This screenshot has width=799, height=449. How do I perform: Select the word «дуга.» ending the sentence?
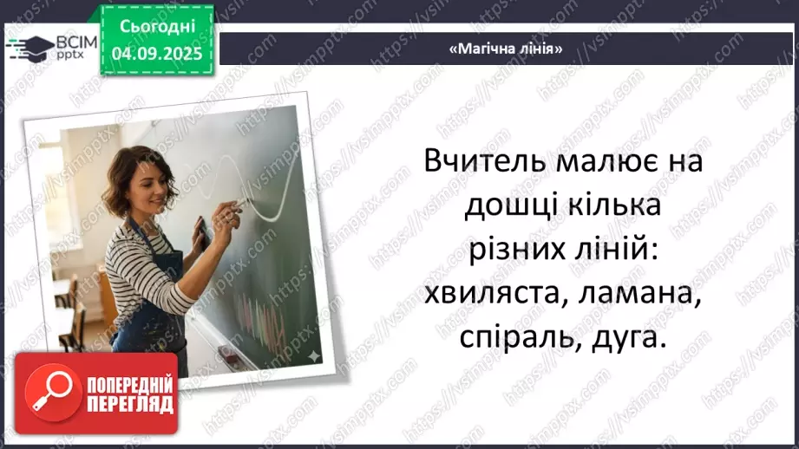[x=625, y=338]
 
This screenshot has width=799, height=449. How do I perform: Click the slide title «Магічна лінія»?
[x=506, y=49]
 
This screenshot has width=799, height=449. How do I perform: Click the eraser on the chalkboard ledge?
[x=227, y=354]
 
